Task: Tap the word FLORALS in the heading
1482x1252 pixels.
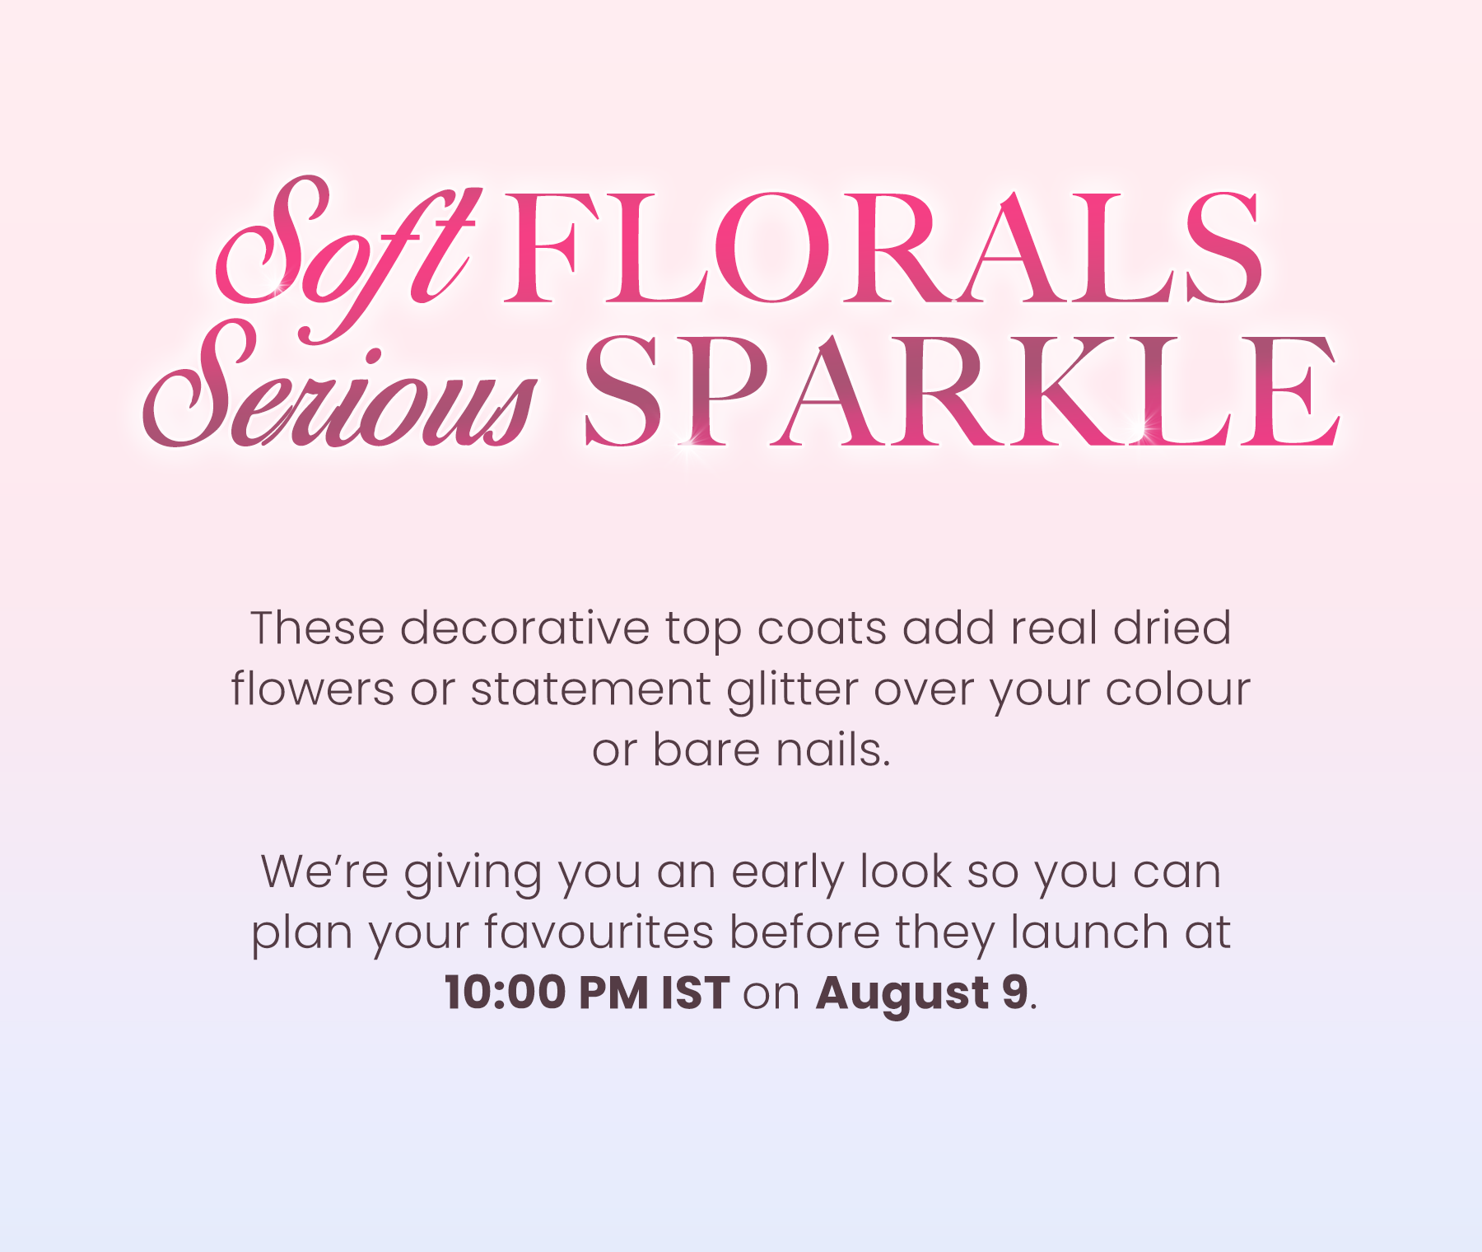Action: click(882, 247)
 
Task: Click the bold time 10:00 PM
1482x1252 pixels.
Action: click(547, 992)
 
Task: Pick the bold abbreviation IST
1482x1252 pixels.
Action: click(696, 992)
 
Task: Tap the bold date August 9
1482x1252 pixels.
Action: click(922, 993)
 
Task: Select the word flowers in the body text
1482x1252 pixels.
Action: click(313, 689)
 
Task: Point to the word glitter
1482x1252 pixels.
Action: click(792, 690)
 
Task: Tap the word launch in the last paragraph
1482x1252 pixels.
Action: click(1090, 932)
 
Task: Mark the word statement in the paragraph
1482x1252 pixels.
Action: click(590, 689)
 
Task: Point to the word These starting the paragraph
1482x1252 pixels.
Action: click(318, 628)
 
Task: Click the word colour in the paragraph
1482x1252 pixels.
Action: click(1177, 689)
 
